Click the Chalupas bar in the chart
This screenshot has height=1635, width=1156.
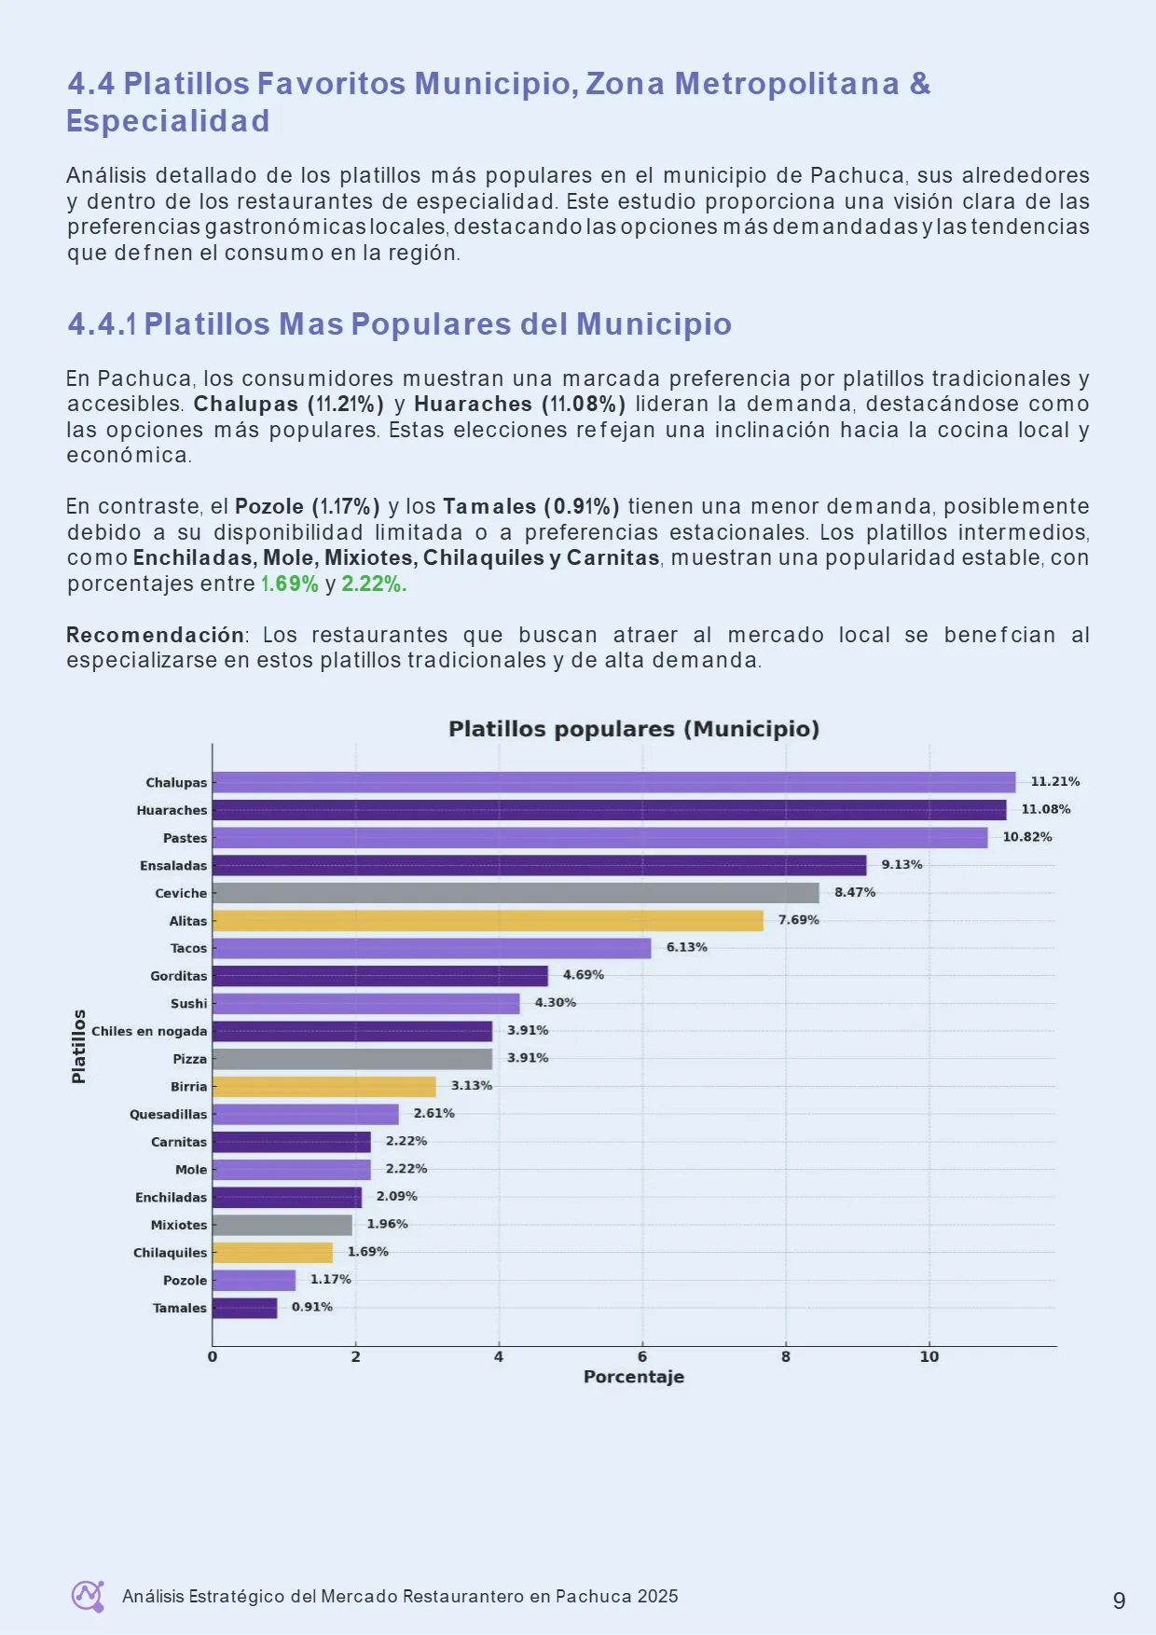point(613,782)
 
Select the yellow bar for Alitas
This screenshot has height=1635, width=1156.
point(488,921)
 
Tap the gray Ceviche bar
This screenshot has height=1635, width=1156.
point(516,893)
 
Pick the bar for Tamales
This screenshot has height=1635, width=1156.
point(245,1308)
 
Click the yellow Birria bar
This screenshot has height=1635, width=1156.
point(324,1087)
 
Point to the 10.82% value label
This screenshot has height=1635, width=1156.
point(1027,837)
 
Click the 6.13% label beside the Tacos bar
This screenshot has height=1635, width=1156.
point(687,947)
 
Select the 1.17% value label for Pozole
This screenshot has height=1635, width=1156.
point(331,1279)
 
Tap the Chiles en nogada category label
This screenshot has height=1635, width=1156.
point(149,1031)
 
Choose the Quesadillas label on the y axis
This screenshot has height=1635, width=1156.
point(169,1114)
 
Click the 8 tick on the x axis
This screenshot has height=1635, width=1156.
point(786,1357)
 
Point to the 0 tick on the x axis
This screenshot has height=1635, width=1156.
point(213,1357)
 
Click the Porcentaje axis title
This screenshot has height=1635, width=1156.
point(634,1377)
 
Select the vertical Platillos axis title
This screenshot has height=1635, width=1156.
point(79,1046)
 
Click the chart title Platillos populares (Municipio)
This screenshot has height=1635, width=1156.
point(634,729)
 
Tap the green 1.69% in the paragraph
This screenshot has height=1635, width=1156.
point(289,584)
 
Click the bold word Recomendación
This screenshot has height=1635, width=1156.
point(155,635)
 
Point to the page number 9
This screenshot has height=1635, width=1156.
point(1120,1601)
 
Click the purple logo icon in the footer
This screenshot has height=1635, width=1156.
point(89,1596)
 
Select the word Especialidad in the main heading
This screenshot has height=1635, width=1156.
point(168,121)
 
